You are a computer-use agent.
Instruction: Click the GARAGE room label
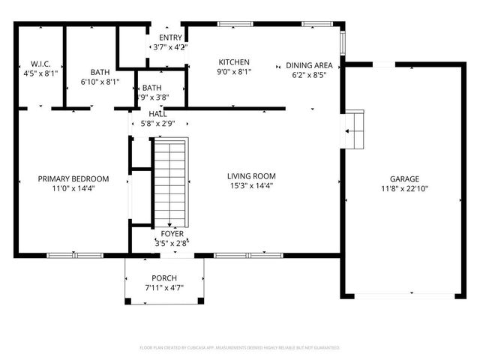point(404,178)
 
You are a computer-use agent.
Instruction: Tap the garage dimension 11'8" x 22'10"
point(404,188)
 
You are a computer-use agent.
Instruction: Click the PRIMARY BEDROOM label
point(73,178)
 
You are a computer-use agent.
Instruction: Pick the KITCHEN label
point(234,62)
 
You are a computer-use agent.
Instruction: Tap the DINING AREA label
point(304,65)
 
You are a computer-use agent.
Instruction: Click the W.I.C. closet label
point(40,64)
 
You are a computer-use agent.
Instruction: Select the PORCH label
point(164,277)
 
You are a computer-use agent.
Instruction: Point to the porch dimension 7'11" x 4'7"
point(164,287)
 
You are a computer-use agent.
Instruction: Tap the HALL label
point(157,113)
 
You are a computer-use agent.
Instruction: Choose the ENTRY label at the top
point(170,37)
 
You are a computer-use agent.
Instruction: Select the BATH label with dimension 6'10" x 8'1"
point(100,72)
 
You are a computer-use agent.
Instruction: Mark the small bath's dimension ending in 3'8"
point(152,97)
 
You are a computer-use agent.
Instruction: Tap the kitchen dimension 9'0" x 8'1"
point(234,72)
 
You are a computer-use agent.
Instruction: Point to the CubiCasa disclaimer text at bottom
point(240,348)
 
